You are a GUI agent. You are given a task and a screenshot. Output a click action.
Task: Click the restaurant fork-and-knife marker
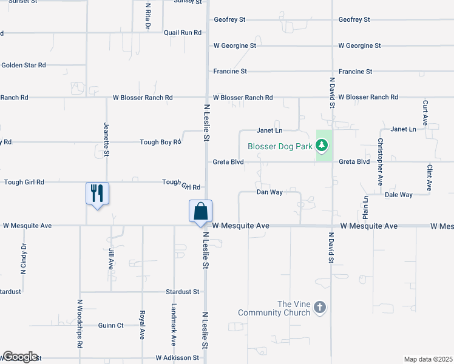(x=97, y=194)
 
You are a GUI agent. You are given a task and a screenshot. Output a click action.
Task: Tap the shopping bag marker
(x=200, y=212)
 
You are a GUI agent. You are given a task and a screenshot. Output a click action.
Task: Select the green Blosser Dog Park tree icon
(x=324, y=146)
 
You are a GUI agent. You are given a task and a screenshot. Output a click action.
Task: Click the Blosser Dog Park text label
(x=280, y=146)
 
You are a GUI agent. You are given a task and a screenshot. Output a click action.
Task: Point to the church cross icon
(x=320, y=308)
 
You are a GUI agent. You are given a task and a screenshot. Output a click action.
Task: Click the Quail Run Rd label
(x=182, y=32)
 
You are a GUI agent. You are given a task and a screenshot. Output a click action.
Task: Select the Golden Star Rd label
(x=24, y=65)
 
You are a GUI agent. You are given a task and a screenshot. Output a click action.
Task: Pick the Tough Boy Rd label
(x=160, y=142)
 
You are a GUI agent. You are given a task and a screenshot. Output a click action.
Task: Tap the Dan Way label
(x=269, y=192)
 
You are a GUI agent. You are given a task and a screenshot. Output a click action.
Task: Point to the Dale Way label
(x=399, y=195)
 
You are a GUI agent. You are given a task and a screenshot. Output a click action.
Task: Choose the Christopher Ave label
(x=381, y=161)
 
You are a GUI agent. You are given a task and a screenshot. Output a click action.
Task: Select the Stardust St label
(x=183, y=292)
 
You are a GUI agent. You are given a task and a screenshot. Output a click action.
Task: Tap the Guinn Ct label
(x=110, y=325)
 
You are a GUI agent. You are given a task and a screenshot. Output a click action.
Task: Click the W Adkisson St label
(x=177, y=358)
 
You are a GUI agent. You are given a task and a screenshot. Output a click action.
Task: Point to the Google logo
(x=19, y=357)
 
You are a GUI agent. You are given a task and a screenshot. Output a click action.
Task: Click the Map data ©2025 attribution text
(x=428, y=359)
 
